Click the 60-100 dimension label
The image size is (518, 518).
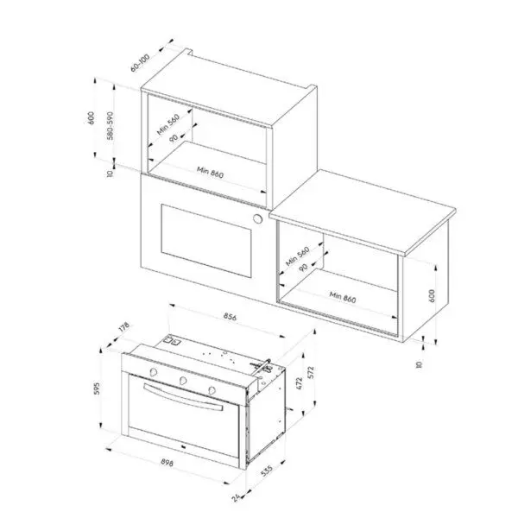coord(140,62)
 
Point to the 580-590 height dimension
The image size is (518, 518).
coord(110,125)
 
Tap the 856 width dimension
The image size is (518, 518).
coord(230,317)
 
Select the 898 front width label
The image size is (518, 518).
coord(167,463)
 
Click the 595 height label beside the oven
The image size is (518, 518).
coord(96,388)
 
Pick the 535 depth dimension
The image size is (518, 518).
coord(267,471)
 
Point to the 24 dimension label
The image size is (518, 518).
coord(237,497)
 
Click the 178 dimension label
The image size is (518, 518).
coord(123,327)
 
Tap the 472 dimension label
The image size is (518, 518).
coord(300,383)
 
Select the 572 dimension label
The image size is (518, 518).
coord(311,373)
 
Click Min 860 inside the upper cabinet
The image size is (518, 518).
coord(211,172)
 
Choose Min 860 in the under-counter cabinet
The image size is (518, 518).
coord(343,297)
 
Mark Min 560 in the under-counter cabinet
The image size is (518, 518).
coord(298,256)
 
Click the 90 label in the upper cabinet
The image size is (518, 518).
coord(174,138)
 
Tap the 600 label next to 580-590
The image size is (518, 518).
coord(91,118)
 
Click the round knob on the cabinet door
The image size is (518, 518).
coord(257,218)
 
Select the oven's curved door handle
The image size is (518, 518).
coord(183,397)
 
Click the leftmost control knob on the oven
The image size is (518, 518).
coord(154,372)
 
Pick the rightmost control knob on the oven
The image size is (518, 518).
coord(212,390)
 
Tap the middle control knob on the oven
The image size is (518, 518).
coord(183,381)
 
